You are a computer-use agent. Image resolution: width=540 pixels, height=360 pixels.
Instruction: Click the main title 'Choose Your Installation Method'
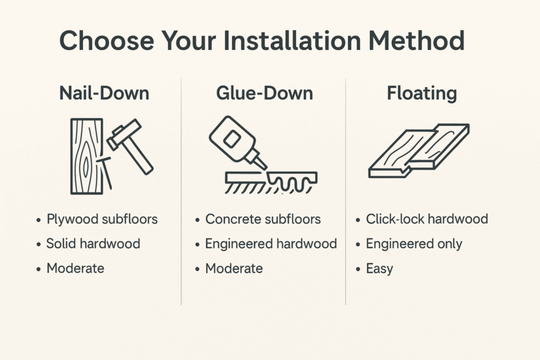pos(262,41)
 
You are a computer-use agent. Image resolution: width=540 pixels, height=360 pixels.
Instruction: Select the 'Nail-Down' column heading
pos(104,94)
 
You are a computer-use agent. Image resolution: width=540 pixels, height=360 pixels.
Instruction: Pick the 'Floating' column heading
pos(422,94)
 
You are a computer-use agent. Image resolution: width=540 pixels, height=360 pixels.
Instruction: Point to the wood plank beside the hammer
pos(86,156)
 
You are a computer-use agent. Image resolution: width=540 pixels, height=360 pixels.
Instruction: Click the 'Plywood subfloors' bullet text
pos(102,219)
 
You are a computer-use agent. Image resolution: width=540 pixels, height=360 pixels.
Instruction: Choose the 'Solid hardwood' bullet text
pos(93,244)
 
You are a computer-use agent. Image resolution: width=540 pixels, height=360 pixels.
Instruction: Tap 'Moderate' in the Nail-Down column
pos(75,269)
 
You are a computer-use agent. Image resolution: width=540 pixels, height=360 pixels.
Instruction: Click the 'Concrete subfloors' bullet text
pos(262,219)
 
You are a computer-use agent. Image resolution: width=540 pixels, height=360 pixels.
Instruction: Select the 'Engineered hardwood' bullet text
pos(271,244)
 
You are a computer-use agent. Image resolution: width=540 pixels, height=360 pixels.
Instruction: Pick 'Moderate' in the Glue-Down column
pos(233,269)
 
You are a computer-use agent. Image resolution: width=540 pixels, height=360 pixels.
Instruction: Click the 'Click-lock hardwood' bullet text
pos(427,219)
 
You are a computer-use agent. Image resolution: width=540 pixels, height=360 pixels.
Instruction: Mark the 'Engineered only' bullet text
pos(414,244)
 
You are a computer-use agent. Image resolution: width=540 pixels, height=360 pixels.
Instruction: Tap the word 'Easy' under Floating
pos(380,269)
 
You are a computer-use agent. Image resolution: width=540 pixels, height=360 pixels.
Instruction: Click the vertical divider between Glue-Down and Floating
pos(345,190)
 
